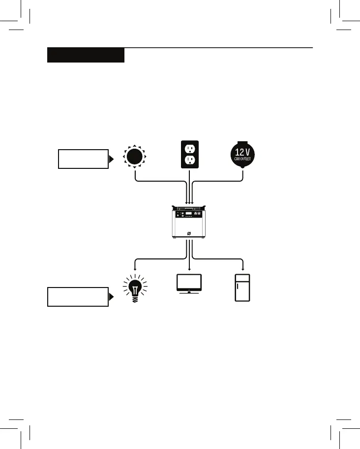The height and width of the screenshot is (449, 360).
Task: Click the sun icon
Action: click(x=135, y=157)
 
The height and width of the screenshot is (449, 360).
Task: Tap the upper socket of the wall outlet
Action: click(x=189, y=148)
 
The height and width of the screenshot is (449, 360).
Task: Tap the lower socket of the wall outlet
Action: click(x=189, y=160)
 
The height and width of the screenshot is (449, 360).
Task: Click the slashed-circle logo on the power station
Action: click(x=189, y=232)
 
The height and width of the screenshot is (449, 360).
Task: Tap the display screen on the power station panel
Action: click(x=188, y=215)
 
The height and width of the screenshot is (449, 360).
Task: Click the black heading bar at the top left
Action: click(x=86, y=55)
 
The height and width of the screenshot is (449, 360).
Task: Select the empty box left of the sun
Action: click(x=83, y=159)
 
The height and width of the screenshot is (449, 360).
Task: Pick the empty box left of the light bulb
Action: click(x=78, y=297)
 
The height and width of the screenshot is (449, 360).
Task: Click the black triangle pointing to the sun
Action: click(x=112, y=159)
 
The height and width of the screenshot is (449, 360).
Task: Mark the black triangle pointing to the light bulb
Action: click(x=112, y=297)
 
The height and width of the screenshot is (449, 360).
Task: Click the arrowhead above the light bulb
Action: click(x=135, y=268)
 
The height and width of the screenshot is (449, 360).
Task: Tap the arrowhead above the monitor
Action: click(x=189, y=268)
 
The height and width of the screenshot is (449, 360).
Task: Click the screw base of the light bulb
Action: click(x=135, y=300)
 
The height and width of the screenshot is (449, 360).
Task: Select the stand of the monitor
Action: click(x=189, y=293)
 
